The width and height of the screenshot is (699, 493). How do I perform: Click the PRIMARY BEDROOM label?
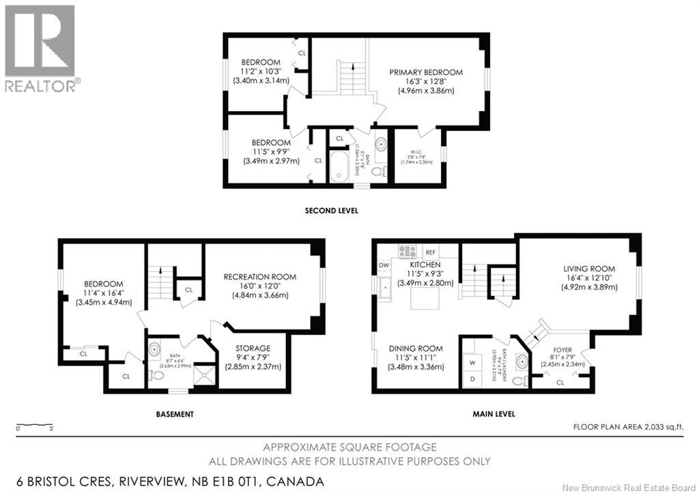pos(426,72)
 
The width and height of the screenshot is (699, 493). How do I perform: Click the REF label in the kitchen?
pos(430,252)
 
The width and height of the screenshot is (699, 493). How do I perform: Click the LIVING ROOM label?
pos(589,269)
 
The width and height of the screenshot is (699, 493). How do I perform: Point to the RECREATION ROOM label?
pos(259,277)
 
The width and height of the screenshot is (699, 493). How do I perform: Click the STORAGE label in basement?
pos(253,348)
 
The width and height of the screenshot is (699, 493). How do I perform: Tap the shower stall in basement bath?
pos(203,375)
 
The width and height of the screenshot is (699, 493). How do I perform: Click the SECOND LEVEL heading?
pos(331,211)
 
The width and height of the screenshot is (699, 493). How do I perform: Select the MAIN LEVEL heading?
pos(494,414)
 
